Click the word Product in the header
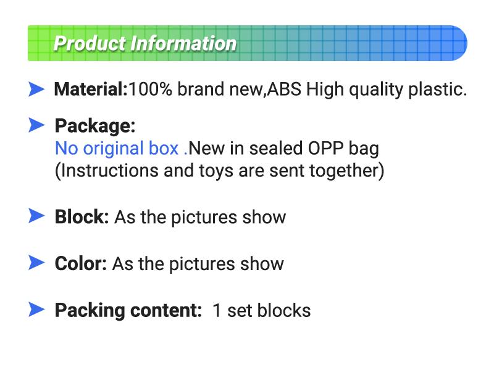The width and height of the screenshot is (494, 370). [89, 44]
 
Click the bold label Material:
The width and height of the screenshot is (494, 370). [91, 89]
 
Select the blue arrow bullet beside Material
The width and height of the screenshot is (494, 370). [37, 89]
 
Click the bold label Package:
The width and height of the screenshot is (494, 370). [95, 126]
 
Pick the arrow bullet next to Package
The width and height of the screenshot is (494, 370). [37, 126]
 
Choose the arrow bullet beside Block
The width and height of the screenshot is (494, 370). [37, 216]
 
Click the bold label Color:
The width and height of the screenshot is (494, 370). [81, 264]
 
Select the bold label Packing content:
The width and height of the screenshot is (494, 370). [128, 310]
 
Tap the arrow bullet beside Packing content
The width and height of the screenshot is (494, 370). [37, 310]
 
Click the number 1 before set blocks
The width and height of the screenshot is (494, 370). [217, 310]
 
